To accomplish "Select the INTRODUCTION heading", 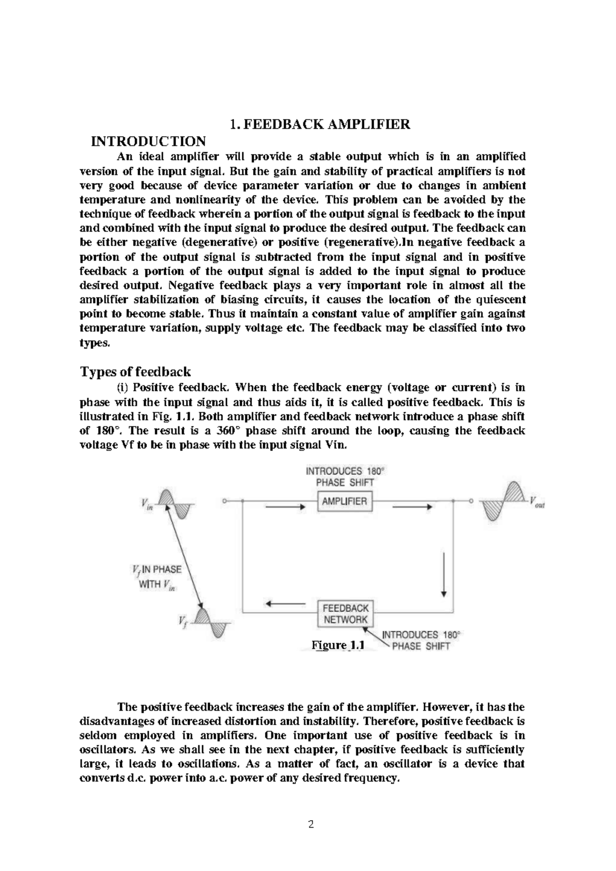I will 148,141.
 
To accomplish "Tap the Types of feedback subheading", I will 136,371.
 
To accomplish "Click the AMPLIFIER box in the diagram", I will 344,502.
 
